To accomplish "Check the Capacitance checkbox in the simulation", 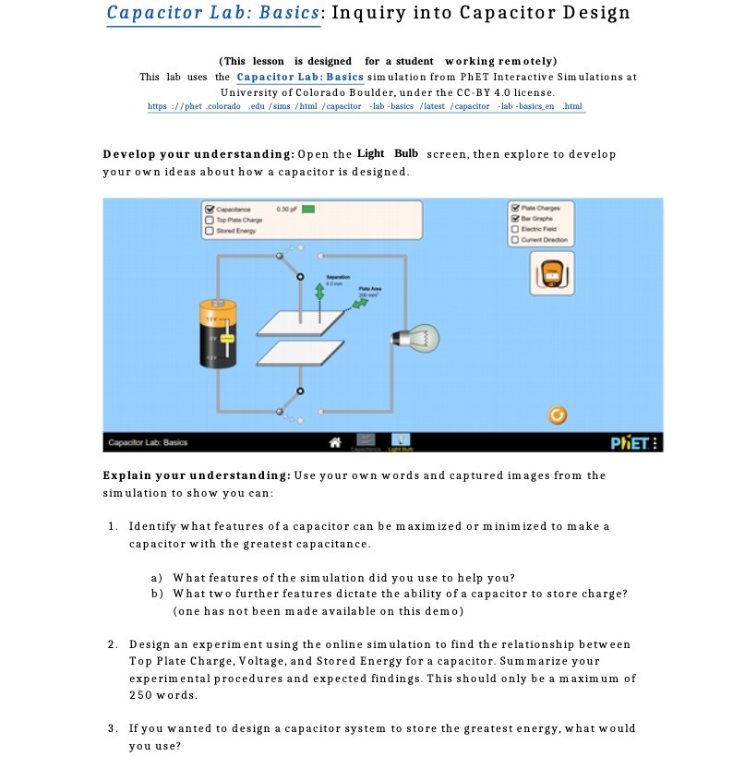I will point(210,210).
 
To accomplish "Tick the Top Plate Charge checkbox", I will point(210,220).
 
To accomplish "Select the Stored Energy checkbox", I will point(210,230).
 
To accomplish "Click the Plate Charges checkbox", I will point(514,207).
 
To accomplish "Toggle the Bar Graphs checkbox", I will point(514,218).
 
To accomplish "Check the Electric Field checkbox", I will point(514,228).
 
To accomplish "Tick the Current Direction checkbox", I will point(514,239).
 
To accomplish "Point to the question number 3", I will point(111,728).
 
